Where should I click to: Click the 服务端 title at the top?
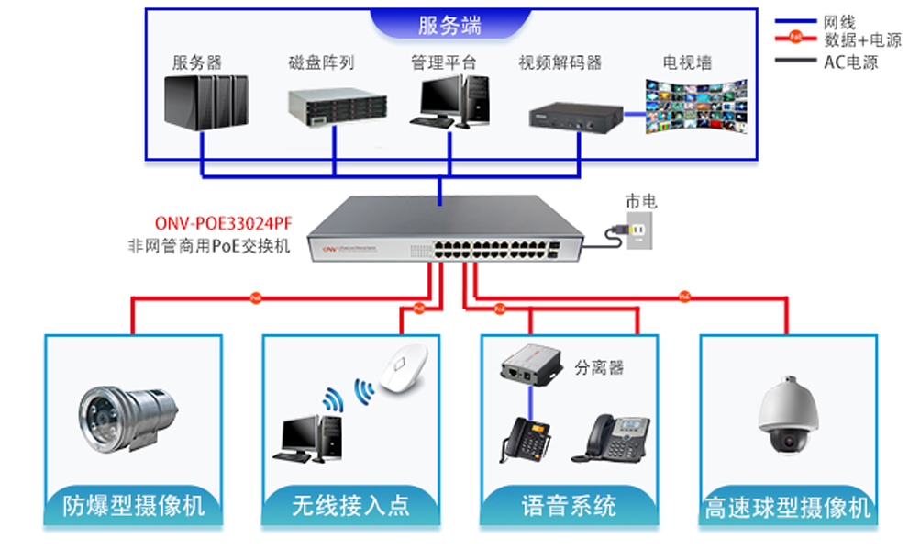[449, 26]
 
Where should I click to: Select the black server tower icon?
[206, 102]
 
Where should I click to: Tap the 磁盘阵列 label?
[321, 62]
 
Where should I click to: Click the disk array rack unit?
[334, 105]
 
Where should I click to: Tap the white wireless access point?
[404, 369]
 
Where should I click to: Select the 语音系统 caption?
[569, 505]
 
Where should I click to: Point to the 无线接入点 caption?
[350, 505]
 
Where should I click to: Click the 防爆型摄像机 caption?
[133, 505]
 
